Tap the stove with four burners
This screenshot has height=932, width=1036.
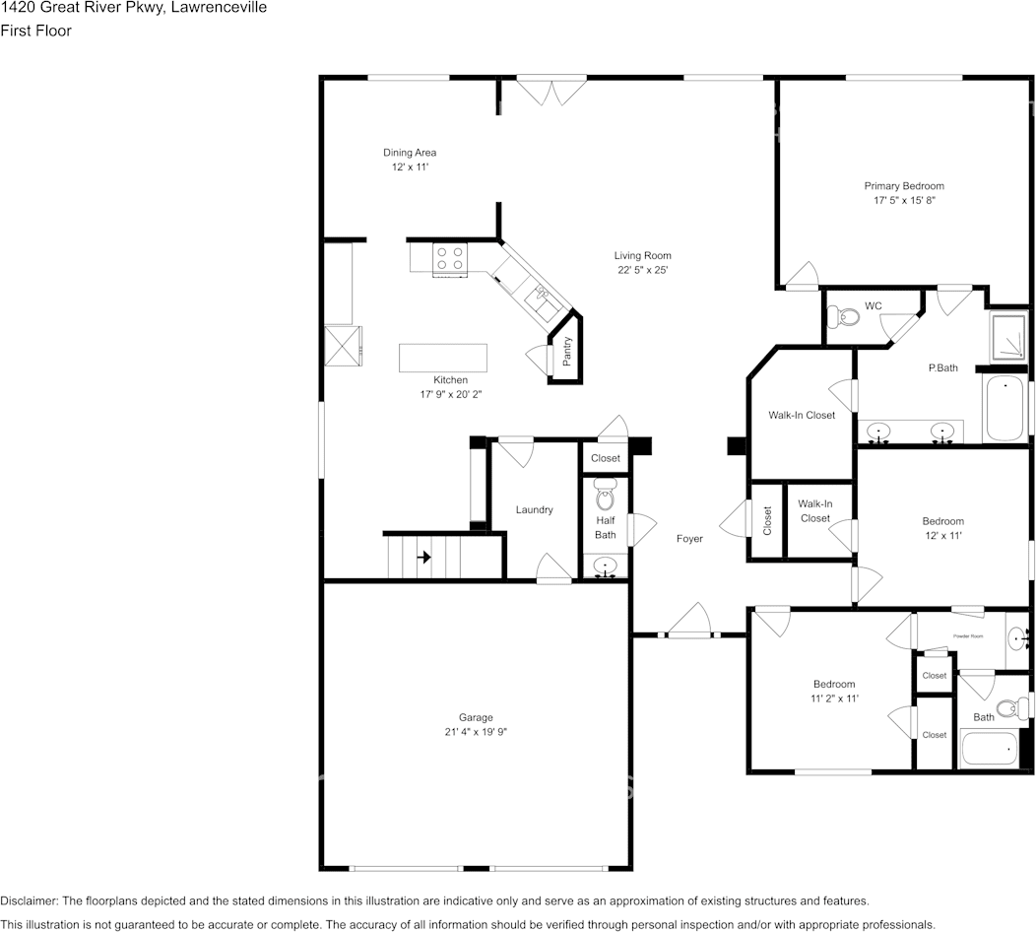click(x=450, y=258)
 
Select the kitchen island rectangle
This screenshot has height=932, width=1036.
click(x=442, y=358)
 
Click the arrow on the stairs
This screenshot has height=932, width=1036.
click(x=424, y=558)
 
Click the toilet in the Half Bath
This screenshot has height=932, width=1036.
click(x=605, y=489)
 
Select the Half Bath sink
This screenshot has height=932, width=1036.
click(x=605, y=566)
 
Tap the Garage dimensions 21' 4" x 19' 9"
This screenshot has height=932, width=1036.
click(x=476, y=732)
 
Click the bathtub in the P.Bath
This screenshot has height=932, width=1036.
click(x=1005, y=409)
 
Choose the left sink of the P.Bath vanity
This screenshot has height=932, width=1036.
click(x=878, y=431)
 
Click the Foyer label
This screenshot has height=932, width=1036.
click(x=689, y=539)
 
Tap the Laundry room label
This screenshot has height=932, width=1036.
click(x=534, y=509)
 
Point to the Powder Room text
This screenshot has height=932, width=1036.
click(x=968, y=636)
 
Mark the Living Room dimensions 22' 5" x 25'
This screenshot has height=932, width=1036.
click(x=643, y=270)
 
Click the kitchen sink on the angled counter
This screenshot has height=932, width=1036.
click(x=541, y=294)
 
